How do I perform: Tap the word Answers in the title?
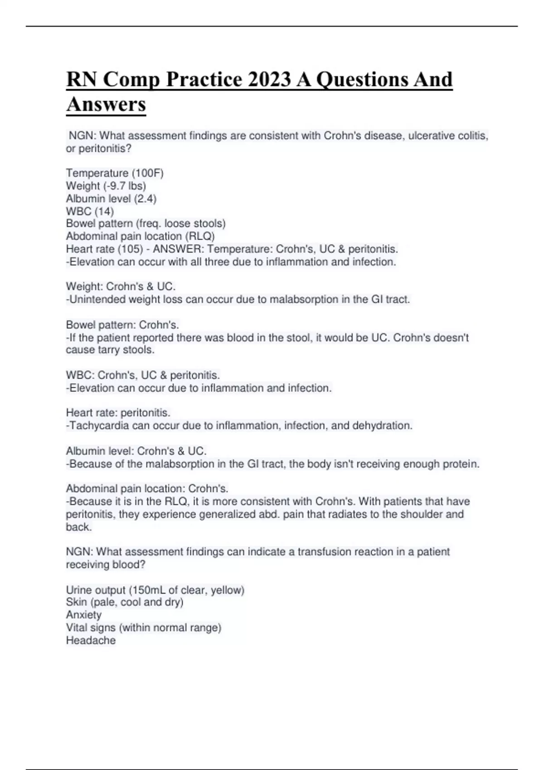pos(106,104)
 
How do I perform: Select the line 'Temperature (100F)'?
pos(115,173)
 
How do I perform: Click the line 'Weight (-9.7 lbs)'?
pos(106,186)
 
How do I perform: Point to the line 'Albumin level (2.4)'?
pos(111,198)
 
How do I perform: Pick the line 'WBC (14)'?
pos(90,211)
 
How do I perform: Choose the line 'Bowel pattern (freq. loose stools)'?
pos(146,223)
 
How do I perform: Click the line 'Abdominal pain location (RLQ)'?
pos(140,236)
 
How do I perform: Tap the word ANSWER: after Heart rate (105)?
pos(178,249)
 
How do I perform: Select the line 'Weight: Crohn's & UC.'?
pos(121,286)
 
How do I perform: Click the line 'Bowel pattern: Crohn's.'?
pos(122,325)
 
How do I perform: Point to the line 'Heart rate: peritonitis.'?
pos(118,413)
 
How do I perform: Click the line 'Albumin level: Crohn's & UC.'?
pos(136,451)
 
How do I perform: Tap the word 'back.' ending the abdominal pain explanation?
pos(79,527)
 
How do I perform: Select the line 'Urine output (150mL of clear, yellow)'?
pos(155,590)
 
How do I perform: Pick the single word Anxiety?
pos(84,615)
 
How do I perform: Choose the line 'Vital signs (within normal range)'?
pos(143,627)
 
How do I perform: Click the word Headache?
pos(91,640)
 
